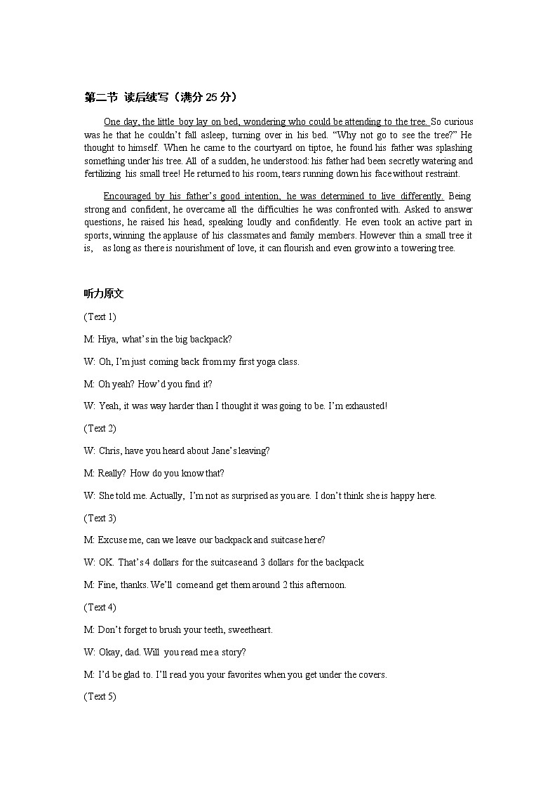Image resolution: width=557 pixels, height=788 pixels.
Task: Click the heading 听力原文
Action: (x=104, y=294)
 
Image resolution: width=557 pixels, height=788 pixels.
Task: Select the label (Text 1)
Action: (x=100, y=316)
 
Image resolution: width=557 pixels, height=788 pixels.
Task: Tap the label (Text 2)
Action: (x=100, y=428)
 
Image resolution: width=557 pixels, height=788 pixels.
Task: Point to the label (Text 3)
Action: (x=100, y=518)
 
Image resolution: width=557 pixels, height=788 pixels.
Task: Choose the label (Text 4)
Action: (x=100, y=607)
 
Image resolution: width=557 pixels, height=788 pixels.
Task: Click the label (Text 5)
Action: (x=100, y=696)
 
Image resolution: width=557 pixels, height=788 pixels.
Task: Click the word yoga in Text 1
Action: (x=267, y=362)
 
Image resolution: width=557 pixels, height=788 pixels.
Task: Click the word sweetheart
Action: (x=246, y=629)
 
